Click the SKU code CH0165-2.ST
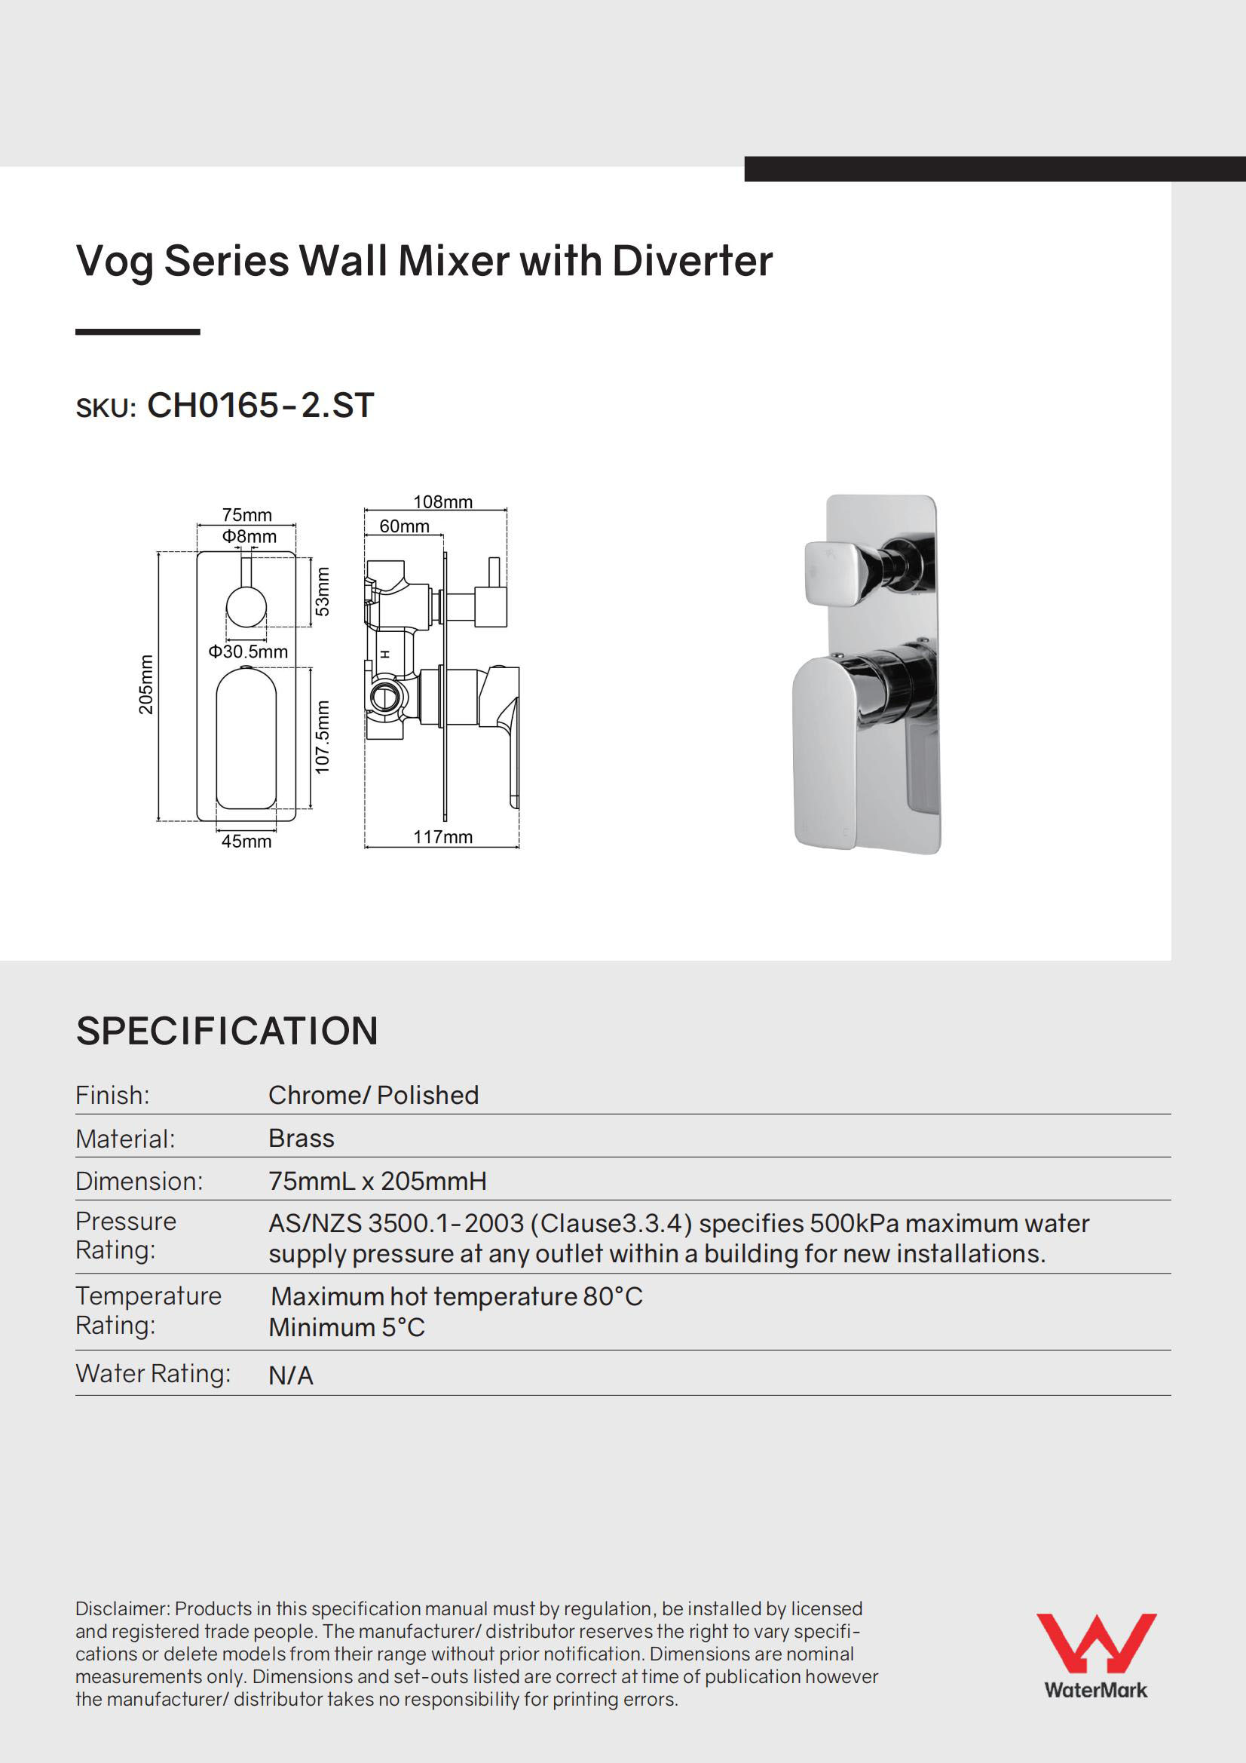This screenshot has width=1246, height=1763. tap(260, 406)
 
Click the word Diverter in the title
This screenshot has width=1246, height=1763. tap(692, 261)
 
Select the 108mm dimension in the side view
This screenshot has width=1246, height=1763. tap(442, 501)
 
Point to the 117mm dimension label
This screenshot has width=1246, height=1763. tap(442, 837)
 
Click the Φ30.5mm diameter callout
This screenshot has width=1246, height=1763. tap(248, 652)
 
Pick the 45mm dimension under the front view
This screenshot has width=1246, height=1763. tap(246, 842)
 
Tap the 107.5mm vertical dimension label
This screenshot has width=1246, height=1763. tap(323, 737)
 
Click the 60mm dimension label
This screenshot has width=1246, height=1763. tap(404, 526)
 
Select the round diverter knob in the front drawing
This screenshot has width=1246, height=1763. tap(246, 606)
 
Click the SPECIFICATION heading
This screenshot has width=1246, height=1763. tap(226, 1032)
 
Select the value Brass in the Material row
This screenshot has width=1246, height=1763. tap(301, 1138)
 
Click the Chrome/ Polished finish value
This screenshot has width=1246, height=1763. tap(373, 1095)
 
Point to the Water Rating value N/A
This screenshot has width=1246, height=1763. tap(290, 1376)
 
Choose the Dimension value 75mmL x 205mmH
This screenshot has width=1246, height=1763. tap(377, 1181)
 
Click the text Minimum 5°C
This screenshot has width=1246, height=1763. tap(346, 1328)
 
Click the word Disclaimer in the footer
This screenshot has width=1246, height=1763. tap(122, 1608)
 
